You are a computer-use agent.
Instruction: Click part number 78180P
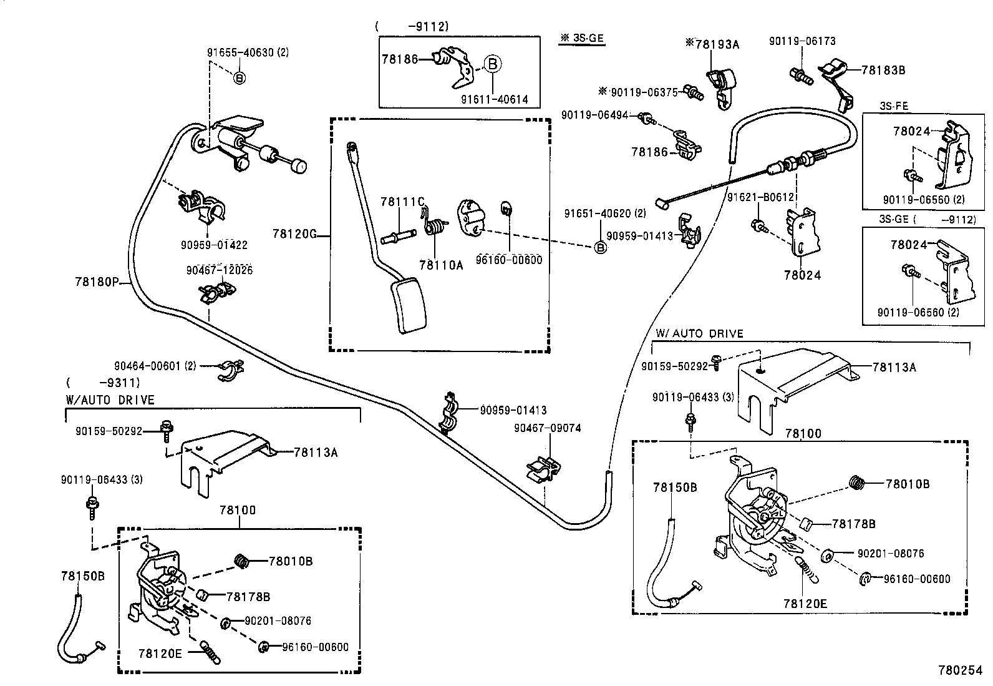[97, 282]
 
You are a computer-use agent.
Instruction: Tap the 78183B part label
[883, 70]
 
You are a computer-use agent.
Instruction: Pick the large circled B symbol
[492, 63]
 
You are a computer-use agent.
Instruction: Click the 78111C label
[402, 202]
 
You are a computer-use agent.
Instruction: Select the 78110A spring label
[441, 265]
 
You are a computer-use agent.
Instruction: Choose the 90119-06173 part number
[802, 41]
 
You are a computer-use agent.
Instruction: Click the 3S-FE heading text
[894, 107]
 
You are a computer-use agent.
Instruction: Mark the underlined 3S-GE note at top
[582, 38]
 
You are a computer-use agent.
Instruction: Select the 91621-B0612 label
[760, 197]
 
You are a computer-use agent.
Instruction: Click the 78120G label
[294, 234]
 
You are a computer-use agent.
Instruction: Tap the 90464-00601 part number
[155, 366]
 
